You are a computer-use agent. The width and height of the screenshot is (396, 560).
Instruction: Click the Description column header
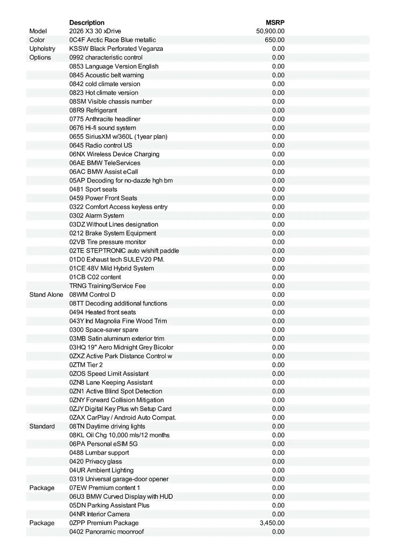[x=87, y=22]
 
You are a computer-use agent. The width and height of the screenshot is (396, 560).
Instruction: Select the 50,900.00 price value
[x=270, y=31]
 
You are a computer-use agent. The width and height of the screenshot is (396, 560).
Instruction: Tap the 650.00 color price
[x=275, y=40]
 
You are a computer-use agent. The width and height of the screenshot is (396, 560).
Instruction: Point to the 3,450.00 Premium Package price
[x=272, y=523]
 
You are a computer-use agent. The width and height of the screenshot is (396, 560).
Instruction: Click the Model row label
[x=38, y=31]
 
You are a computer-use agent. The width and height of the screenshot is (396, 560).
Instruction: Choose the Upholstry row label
[x=42, y=49]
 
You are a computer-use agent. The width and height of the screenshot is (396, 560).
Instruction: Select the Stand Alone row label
[x=46, y=294]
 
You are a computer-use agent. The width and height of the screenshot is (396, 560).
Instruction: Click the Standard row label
[x=42, y=426]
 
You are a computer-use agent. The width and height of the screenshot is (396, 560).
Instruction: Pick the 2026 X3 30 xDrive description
[x=95, y=31]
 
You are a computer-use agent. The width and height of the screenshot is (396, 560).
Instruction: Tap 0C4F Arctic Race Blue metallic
[x=113, y=40]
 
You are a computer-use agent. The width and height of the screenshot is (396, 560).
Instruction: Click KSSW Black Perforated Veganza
[x=116, y=49]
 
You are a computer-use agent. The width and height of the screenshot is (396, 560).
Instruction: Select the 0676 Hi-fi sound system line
[x=103, y=128]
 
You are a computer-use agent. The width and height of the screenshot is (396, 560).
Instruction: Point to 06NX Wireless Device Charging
[x=114, y=154]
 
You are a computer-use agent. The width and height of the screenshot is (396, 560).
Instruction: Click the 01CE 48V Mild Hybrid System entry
[x=112, y=268]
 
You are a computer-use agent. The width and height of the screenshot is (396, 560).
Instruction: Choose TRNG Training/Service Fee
[x=108, y=286]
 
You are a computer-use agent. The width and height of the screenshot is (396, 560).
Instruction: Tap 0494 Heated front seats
[x=103, y=312]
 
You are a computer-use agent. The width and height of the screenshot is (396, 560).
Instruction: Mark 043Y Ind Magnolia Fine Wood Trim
[x=118, y=321]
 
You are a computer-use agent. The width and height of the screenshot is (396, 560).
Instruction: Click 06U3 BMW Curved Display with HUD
[x=121, y=497]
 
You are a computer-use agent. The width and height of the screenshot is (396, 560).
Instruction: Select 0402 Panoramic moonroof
[x=106, y=532]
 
